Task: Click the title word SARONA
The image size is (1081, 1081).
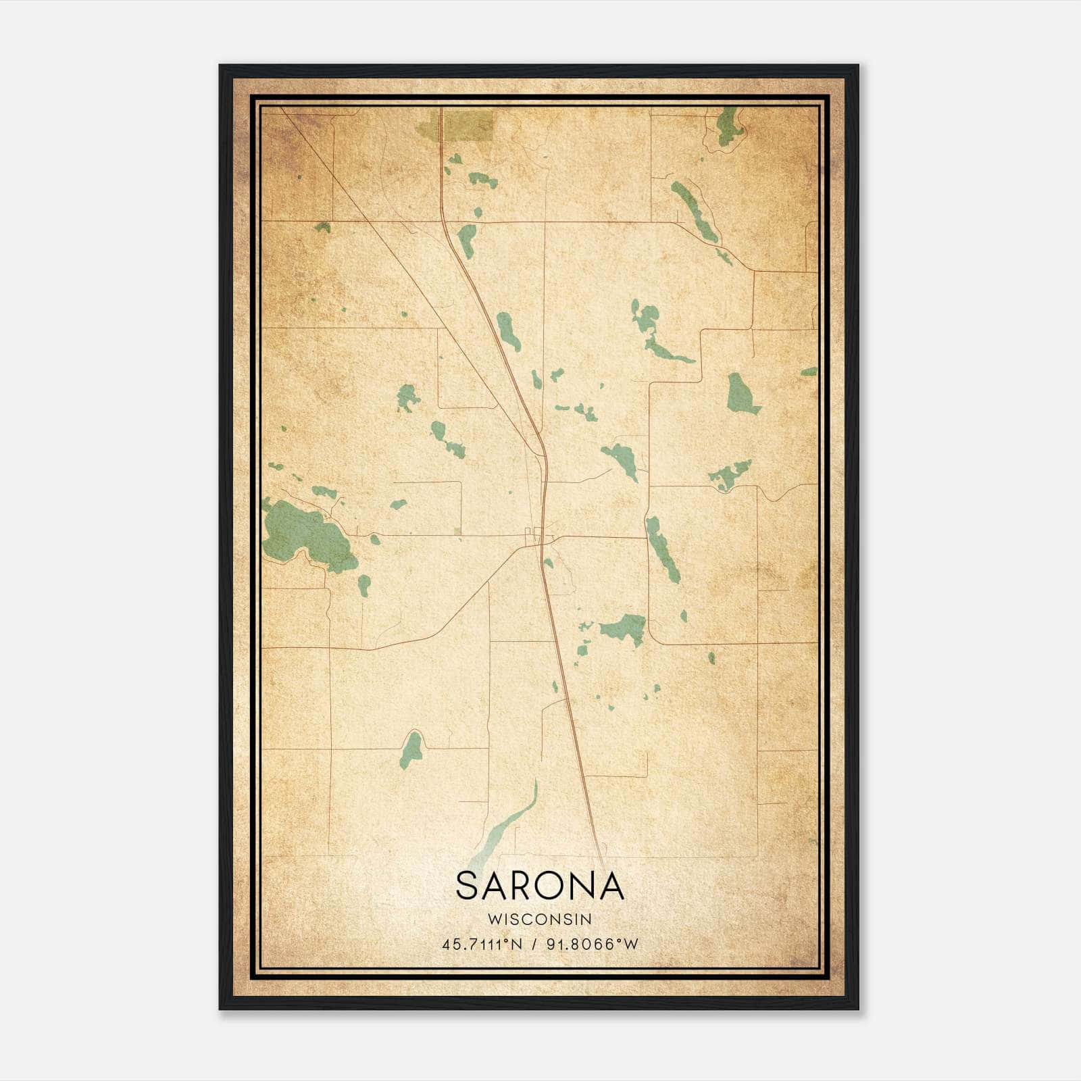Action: click(539, 885)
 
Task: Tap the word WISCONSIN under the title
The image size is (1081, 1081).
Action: click(539, 919)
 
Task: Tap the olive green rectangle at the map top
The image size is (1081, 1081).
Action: click(466, 126)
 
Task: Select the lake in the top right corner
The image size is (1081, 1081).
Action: click(728, 126)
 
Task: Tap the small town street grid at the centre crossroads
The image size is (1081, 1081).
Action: click(538, 536)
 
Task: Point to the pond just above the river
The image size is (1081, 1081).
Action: click(411, 749)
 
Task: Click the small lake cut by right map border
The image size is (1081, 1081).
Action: click(809, 372)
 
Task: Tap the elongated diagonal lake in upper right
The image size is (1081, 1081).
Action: click(695, 211)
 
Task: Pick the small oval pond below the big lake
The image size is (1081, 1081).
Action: click(364, 584)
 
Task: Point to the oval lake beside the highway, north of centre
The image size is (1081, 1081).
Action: click(508, 330)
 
